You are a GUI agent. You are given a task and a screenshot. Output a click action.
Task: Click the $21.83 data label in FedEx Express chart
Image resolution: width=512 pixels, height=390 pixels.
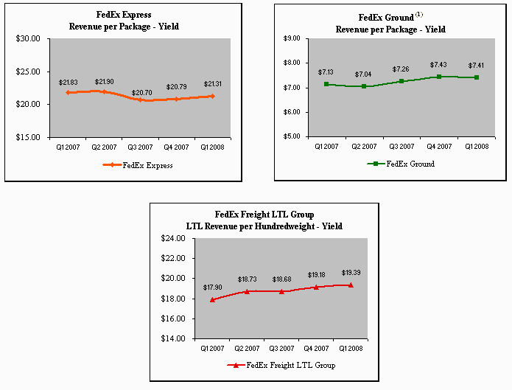tap(68, 83)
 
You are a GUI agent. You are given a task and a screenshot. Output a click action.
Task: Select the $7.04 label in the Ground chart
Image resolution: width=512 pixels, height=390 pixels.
tap(364, 74)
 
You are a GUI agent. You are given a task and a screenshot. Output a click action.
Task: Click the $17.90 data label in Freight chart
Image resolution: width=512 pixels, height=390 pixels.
tap(213, 288)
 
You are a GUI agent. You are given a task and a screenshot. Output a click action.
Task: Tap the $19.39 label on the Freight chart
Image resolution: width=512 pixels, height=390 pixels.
tap(351, 272)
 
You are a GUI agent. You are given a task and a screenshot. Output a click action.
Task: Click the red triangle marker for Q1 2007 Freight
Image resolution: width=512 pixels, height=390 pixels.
tap(214, 299)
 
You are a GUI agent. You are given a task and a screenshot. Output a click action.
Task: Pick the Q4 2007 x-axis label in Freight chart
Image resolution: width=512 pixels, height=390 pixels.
tap(316, 347)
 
